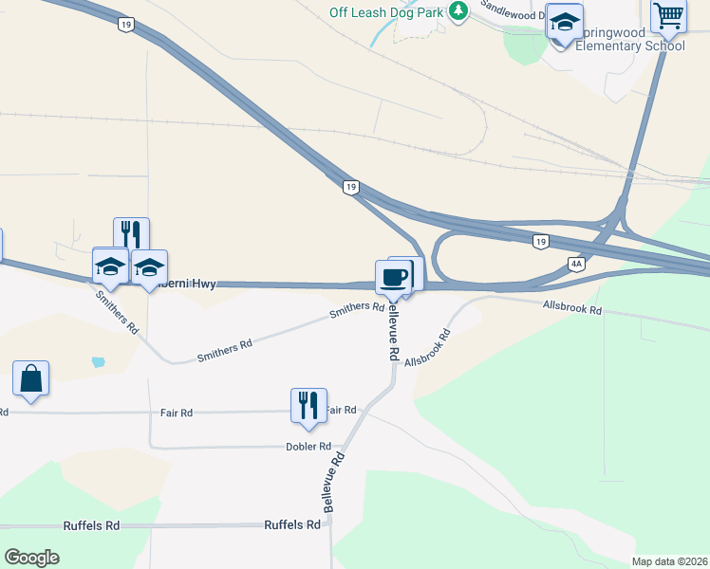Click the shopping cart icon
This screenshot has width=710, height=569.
(668, 16)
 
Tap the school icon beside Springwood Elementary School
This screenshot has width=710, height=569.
(565, 23)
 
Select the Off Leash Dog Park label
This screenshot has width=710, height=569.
(385, 11)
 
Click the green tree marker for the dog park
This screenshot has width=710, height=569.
(459, 10)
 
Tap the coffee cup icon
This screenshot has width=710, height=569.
(393, 277)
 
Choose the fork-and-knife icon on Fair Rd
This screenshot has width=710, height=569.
(308, 405)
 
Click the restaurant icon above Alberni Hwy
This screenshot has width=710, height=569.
(131, 234)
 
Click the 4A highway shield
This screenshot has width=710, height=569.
(576, 264)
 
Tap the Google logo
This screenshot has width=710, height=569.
(32, 558)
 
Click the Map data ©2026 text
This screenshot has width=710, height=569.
(669, 561)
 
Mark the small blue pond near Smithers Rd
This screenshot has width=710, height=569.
(97, 361)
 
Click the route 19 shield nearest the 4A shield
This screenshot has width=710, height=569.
(539, 242)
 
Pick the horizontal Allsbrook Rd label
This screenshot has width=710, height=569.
(572, 310)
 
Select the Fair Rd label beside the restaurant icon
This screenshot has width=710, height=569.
(342, 410)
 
